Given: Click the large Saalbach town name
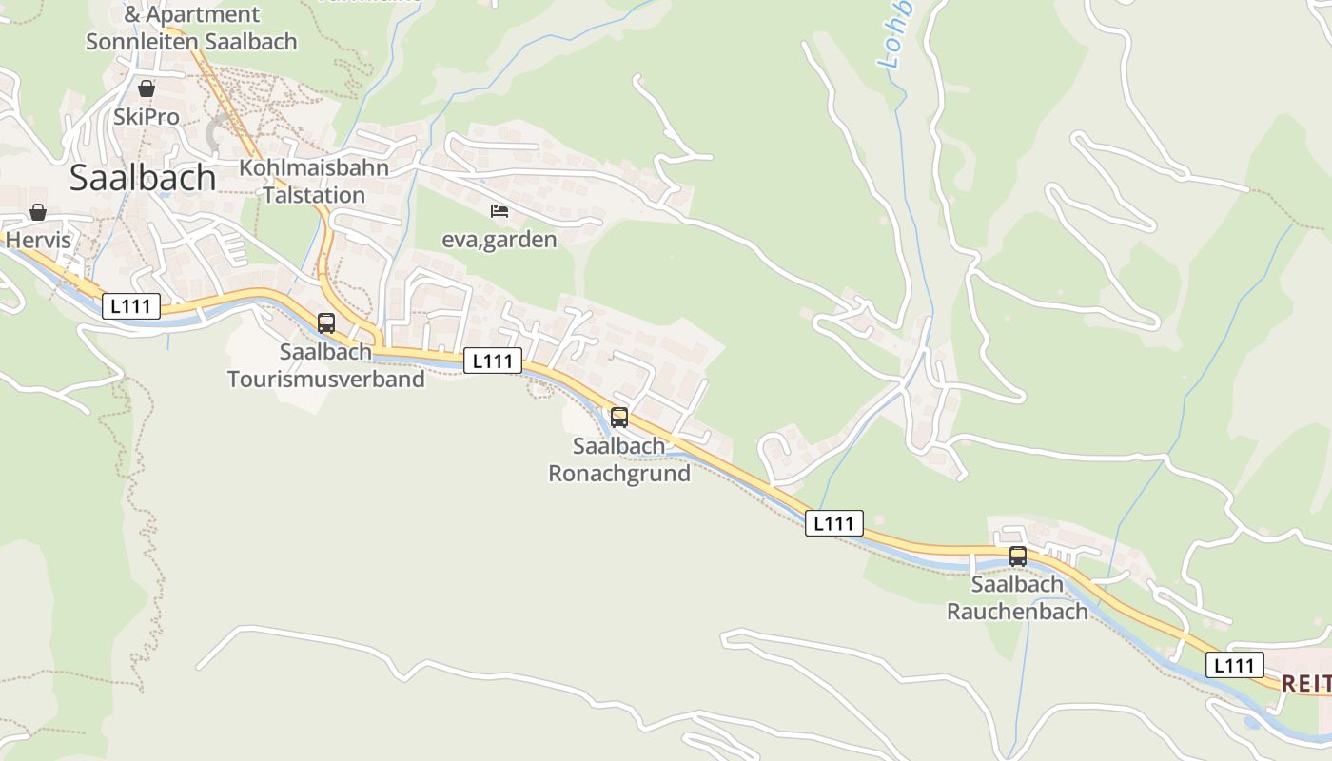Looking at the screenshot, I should [143, 178].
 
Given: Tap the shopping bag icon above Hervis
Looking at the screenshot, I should [38, 212].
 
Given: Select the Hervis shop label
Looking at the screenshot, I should [38, 240].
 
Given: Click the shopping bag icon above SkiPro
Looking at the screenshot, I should [146, 88].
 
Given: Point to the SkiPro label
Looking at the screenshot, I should [146, 117].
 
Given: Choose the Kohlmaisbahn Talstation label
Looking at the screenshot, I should [314, 182].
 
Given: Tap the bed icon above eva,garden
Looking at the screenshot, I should [499, 211].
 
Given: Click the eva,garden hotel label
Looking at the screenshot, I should [499, 240].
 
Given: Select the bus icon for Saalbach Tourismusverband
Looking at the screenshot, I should [326, 323].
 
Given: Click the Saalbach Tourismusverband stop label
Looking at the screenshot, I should [325, 365].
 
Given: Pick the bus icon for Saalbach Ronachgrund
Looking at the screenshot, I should [619, 417].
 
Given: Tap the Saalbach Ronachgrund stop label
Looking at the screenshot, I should [619, 459].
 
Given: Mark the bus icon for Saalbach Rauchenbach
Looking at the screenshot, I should [1018, 556].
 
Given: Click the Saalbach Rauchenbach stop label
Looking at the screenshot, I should [1017, 598].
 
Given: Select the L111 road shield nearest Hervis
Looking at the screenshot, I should [131, 306].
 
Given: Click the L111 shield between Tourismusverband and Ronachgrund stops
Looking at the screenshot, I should [493, 361].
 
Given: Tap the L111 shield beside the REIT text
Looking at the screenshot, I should [1235, 665].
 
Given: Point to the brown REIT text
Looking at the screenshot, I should [1305, 684].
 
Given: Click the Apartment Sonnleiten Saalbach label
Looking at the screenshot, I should [191, 29].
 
